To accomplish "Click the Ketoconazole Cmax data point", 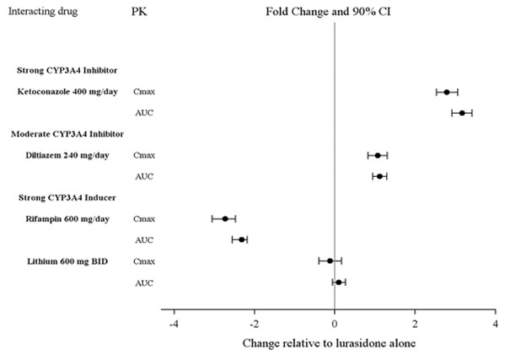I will tap(447, 92).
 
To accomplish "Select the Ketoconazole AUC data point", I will tap(462, 113).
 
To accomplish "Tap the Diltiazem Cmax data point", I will tap(378, 155).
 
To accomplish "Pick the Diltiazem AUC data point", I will tap(380, 176).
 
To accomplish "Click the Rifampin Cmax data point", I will tap(225, 218).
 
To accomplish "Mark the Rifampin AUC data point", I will tap(241, 239).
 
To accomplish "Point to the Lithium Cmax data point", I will tap(330, 261).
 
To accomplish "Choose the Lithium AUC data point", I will tap(339, 282).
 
